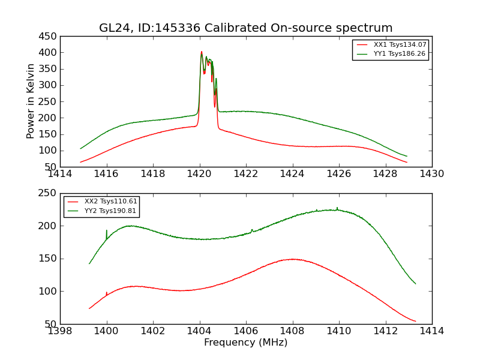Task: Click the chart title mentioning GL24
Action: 245,28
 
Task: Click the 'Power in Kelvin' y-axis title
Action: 31,101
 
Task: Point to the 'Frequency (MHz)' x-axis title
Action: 245,343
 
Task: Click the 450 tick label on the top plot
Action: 48,37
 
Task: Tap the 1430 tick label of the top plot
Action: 431,174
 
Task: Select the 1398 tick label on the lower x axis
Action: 60,331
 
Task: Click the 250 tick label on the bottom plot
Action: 48,194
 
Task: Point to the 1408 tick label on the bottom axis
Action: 292,331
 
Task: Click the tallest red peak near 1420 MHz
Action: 202,52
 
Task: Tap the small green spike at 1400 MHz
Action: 107,230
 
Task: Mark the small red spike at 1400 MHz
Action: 107,293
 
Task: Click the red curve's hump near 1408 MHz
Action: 293,259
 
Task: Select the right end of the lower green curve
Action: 415,283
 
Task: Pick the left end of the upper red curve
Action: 81,162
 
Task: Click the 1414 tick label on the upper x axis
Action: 60,174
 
